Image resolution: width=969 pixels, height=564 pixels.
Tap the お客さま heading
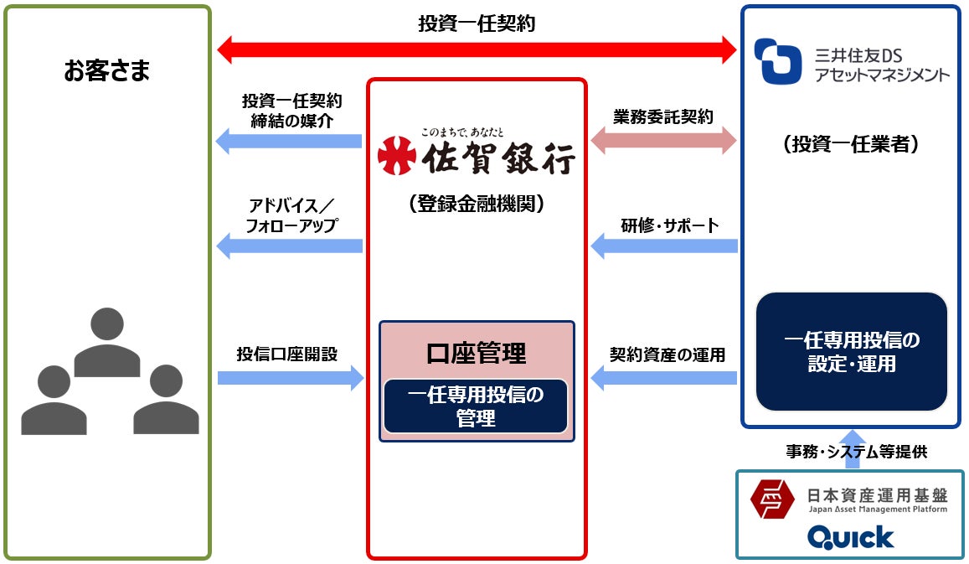click(x=107, y=71)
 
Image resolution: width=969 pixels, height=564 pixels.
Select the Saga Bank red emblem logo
click(x=396, y=154)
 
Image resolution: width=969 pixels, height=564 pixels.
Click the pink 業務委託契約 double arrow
click(x=663, y=141)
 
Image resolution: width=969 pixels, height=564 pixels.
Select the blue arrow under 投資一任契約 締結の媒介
click(x=289, y=141)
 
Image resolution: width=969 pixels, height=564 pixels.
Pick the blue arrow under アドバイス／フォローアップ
click(x=289, y=246)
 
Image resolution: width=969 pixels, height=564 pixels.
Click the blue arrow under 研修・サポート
click(x=664, y=246)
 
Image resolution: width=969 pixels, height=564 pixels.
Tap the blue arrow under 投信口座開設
click(x=290, y=378)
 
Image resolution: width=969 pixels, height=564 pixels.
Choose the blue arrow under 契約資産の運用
click(x=664, y=378)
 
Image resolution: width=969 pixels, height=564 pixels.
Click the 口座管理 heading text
click(x=476, y=352)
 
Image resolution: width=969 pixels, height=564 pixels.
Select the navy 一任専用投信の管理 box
click(x=476, y=406)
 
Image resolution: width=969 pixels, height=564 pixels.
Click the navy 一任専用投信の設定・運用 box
click(x=851, y=351)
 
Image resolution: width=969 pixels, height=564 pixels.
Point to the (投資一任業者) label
click(x=851, y=144)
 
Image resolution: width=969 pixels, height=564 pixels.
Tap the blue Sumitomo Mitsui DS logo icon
click(x=778, y=62)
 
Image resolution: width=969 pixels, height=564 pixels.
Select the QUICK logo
click(x=850, y=536)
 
